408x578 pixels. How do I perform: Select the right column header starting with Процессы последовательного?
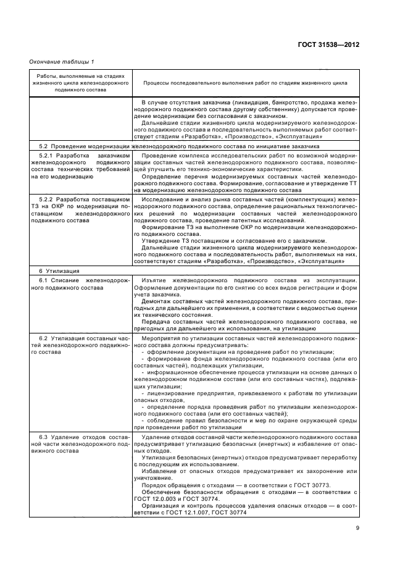click(245, 82)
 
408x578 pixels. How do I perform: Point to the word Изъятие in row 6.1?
click(155, 279)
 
